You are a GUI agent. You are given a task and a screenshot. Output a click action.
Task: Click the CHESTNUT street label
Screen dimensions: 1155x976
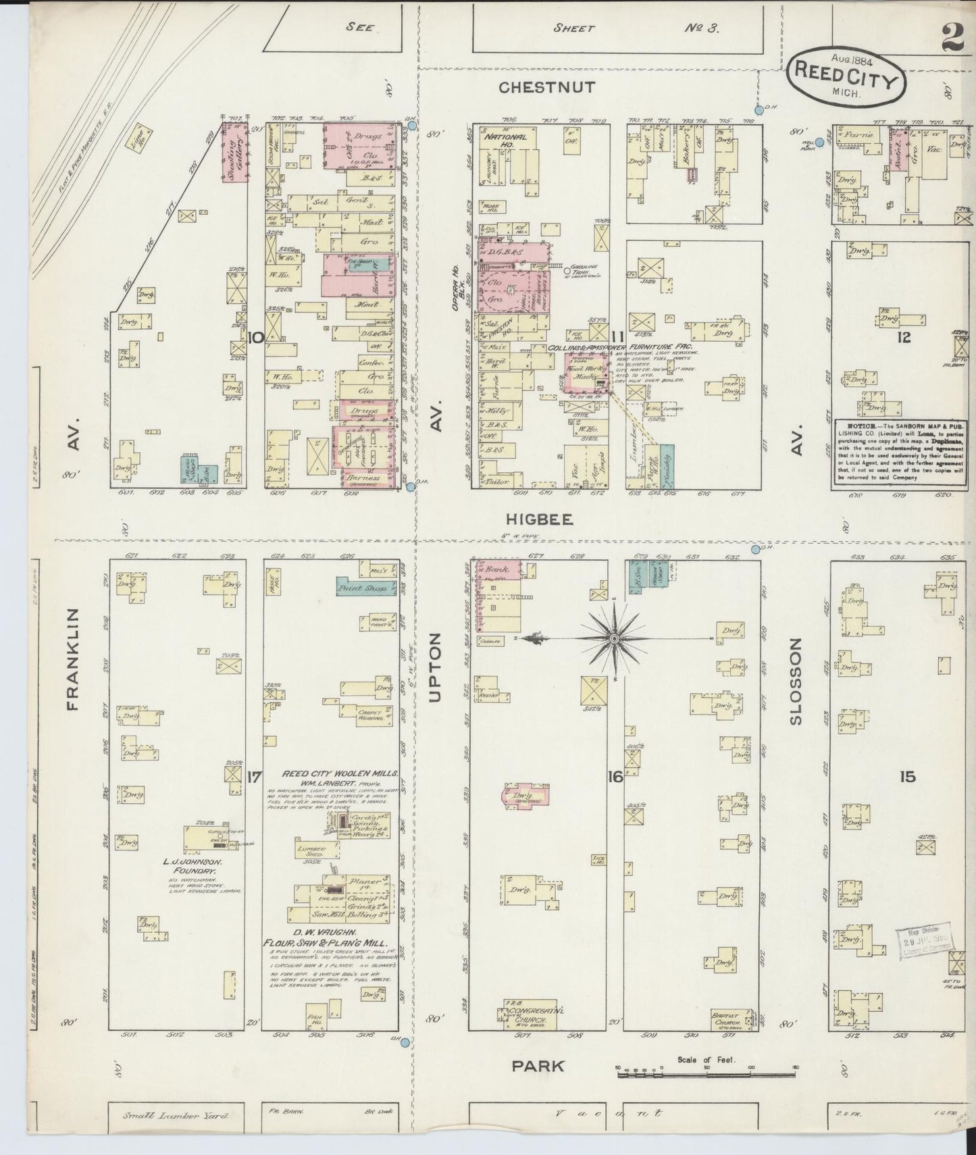pyautogui.click(x=547, y=88)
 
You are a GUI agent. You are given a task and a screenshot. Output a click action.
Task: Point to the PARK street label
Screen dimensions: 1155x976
pyautogui.click(x=537, y=1066)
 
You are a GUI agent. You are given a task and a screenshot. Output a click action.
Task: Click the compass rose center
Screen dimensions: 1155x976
pyautogui.click(x=614, y=638)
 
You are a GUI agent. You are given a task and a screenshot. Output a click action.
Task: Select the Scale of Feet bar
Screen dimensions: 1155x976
pyautogui.click(x=707, y=1071)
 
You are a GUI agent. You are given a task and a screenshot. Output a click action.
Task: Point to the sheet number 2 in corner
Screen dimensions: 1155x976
pyautogui.click(x=952, y=41)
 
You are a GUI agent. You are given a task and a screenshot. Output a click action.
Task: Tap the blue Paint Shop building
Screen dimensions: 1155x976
pyautogui.click(x=361, y=588)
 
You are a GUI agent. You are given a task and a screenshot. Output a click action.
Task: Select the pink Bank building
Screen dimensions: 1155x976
pyautogui.click(x=498, y=569)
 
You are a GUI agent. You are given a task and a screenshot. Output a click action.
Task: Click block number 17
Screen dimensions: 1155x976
pyautogui.click(x=254, y=777)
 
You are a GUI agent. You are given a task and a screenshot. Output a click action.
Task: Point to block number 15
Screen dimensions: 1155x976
pyautogui.click(x=908, y=777)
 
